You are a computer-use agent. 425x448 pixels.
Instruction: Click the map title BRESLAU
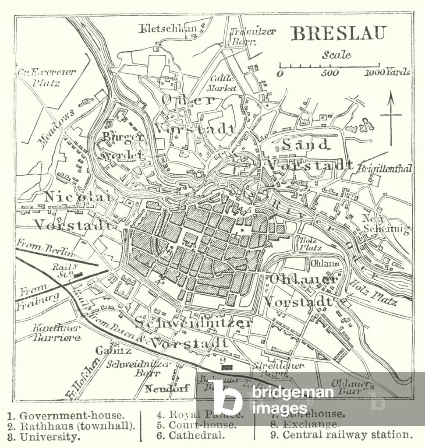pos(339,34)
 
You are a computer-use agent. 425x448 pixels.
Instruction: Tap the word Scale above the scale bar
pos(336,55)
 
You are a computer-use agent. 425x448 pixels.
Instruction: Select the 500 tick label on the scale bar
pos(329,73)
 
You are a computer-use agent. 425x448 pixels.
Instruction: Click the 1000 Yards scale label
pos(387,72)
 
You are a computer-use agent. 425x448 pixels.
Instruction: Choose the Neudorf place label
pos(167,388)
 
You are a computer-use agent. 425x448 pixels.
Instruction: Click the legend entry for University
pos(44,437)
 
